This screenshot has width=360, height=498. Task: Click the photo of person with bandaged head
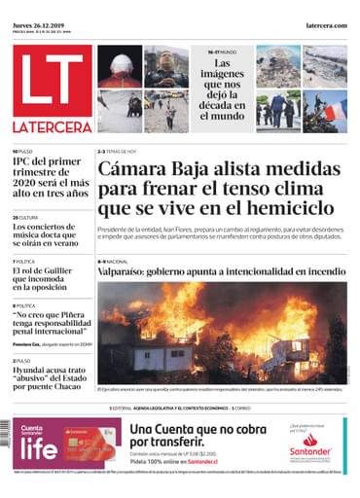point(119,65)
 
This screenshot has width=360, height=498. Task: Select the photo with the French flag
point(325,111)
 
